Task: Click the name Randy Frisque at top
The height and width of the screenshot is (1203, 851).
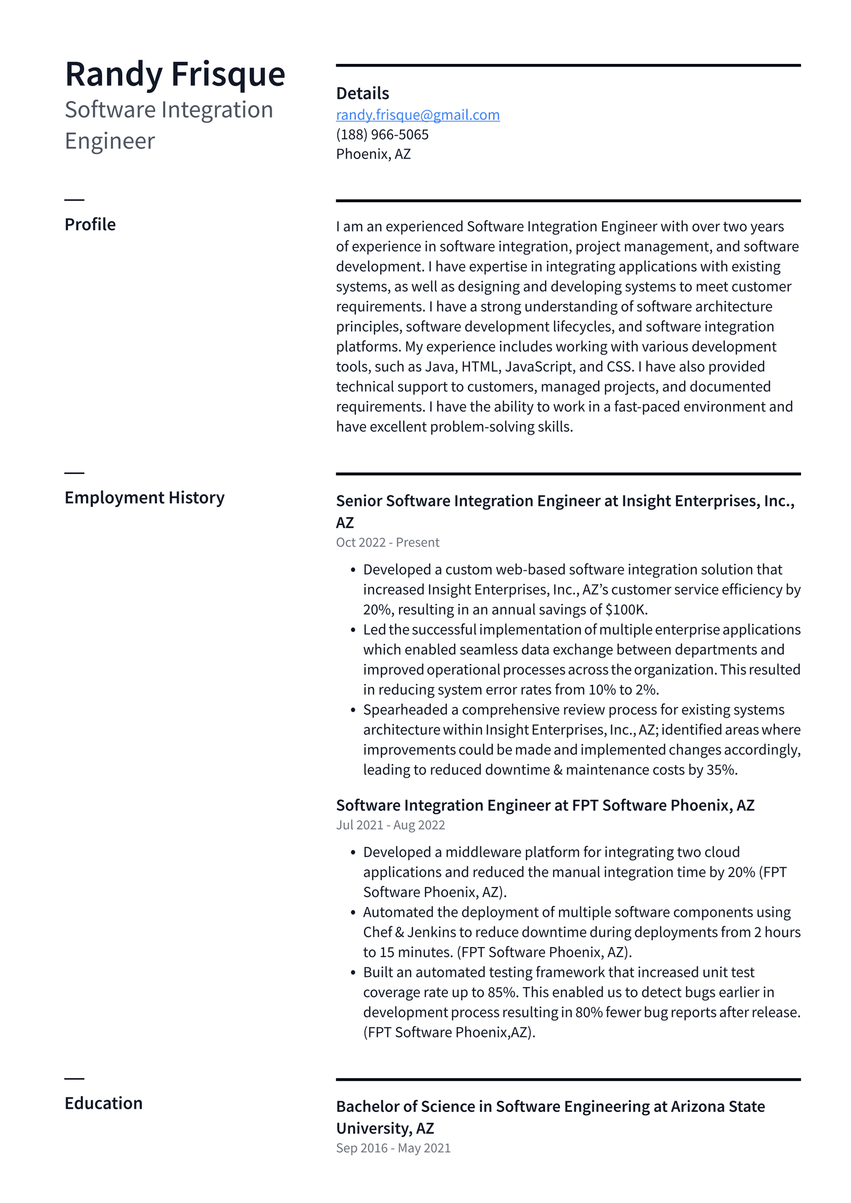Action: (174, 74)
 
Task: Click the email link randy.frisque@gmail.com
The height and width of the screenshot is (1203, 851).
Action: (418, 115)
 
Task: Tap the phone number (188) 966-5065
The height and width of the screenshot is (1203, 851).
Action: (382, 135)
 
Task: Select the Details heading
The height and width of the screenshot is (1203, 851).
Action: (362, 94)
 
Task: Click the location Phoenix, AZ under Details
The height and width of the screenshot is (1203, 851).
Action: (373, 154)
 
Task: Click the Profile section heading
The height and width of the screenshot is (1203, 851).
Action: (90, 225)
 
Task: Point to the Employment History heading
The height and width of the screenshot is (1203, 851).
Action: (144, 497)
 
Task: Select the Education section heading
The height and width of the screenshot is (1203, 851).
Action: (103, 1103)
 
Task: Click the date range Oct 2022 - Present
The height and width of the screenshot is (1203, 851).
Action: (387, 542)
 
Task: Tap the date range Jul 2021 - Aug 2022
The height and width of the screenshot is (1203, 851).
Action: (390, 825)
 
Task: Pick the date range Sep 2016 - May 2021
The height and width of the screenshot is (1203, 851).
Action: (393, 1148)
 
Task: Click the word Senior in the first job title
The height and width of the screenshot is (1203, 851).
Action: (359, 501)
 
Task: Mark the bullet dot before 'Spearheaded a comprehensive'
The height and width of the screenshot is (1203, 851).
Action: (353, 710)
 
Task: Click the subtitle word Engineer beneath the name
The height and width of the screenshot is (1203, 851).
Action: (110, 141)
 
